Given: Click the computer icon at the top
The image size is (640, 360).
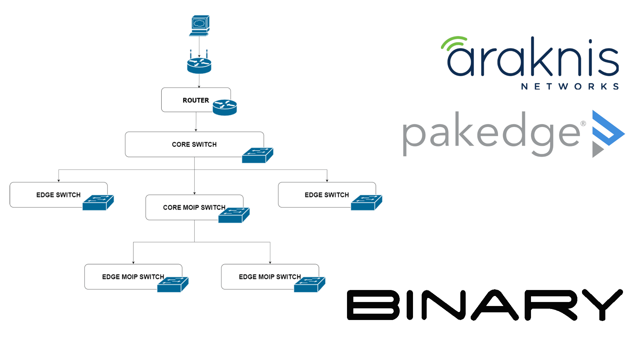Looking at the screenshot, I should (x=199, y=25).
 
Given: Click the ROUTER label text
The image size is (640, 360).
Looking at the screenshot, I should (x=196, y=100).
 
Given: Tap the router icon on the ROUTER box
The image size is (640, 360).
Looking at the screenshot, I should (x=225, y=107).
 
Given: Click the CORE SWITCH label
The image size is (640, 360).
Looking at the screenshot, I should (x=194, y=144).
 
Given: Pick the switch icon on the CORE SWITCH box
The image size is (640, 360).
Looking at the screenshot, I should (x=257, y=155).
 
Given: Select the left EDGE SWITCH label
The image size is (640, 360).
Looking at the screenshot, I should (x=58, y=195).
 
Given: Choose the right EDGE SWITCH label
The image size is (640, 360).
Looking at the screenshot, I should (x=327, y=195).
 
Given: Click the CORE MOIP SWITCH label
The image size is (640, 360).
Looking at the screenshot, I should (x=194, y=207).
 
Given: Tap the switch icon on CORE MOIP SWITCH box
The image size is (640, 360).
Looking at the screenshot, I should (x=234, y=215).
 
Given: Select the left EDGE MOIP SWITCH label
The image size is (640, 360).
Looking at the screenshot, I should (x=133, y=277).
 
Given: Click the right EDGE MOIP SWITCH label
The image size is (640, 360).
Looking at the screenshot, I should (x=270, y=277).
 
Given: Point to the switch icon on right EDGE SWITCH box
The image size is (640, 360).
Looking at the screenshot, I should (x=366, y=203).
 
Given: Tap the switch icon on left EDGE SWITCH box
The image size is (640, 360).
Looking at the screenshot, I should (x=98, y=203).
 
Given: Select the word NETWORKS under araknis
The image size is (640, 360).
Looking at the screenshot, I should (x=570, y=87).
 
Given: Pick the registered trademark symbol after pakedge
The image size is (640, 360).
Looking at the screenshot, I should (x=583, y=124).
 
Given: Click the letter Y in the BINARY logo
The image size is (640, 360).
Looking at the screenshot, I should (x=602, y=304).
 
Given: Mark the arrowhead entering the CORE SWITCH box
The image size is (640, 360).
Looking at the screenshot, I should (x=196, y=130).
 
